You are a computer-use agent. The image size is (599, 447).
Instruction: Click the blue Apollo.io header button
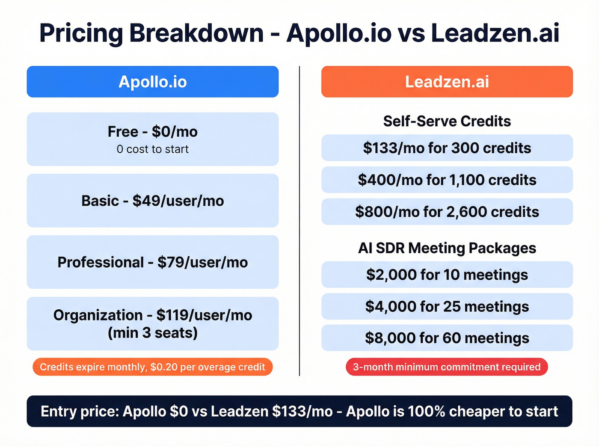coord(152,82)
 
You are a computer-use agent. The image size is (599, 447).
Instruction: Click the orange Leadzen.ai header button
coord(447,82)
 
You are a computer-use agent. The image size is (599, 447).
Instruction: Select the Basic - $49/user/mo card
coord(152,201)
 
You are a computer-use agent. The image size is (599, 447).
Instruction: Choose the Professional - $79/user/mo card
coord(152,262)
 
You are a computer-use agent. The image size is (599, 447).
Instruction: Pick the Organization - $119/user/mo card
coord(152,324)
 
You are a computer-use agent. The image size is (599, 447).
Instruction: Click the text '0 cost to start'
coord(152,149)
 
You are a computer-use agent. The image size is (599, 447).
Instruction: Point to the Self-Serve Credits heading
coord(447,121)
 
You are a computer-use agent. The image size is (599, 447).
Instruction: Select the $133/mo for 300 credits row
coord(447,148)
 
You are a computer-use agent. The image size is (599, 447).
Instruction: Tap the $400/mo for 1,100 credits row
coord(447,180)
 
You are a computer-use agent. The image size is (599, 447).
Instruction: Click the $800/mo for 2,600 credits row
coord(447,212)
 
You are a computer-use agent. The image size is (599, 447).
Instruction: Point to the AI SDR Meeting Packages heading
coord(447,248)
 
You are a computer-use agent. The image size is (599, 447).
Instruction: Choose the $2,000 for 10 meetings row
coord(447,275)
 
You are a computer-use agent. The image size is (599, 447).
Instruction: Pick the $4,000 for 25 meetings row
coord(447,306)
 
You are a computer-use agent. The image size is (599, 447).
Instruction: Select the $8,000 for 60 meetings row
coord(447,338)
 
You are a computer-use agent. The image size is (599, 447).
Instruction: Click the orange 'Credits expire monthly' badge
coord(152,367)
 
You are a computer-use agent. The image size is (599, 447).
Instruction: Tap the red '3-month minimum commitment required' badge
coord(447,367)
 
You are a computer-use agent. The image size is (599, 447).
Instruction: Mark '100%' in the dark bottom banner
coord(426,411)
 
